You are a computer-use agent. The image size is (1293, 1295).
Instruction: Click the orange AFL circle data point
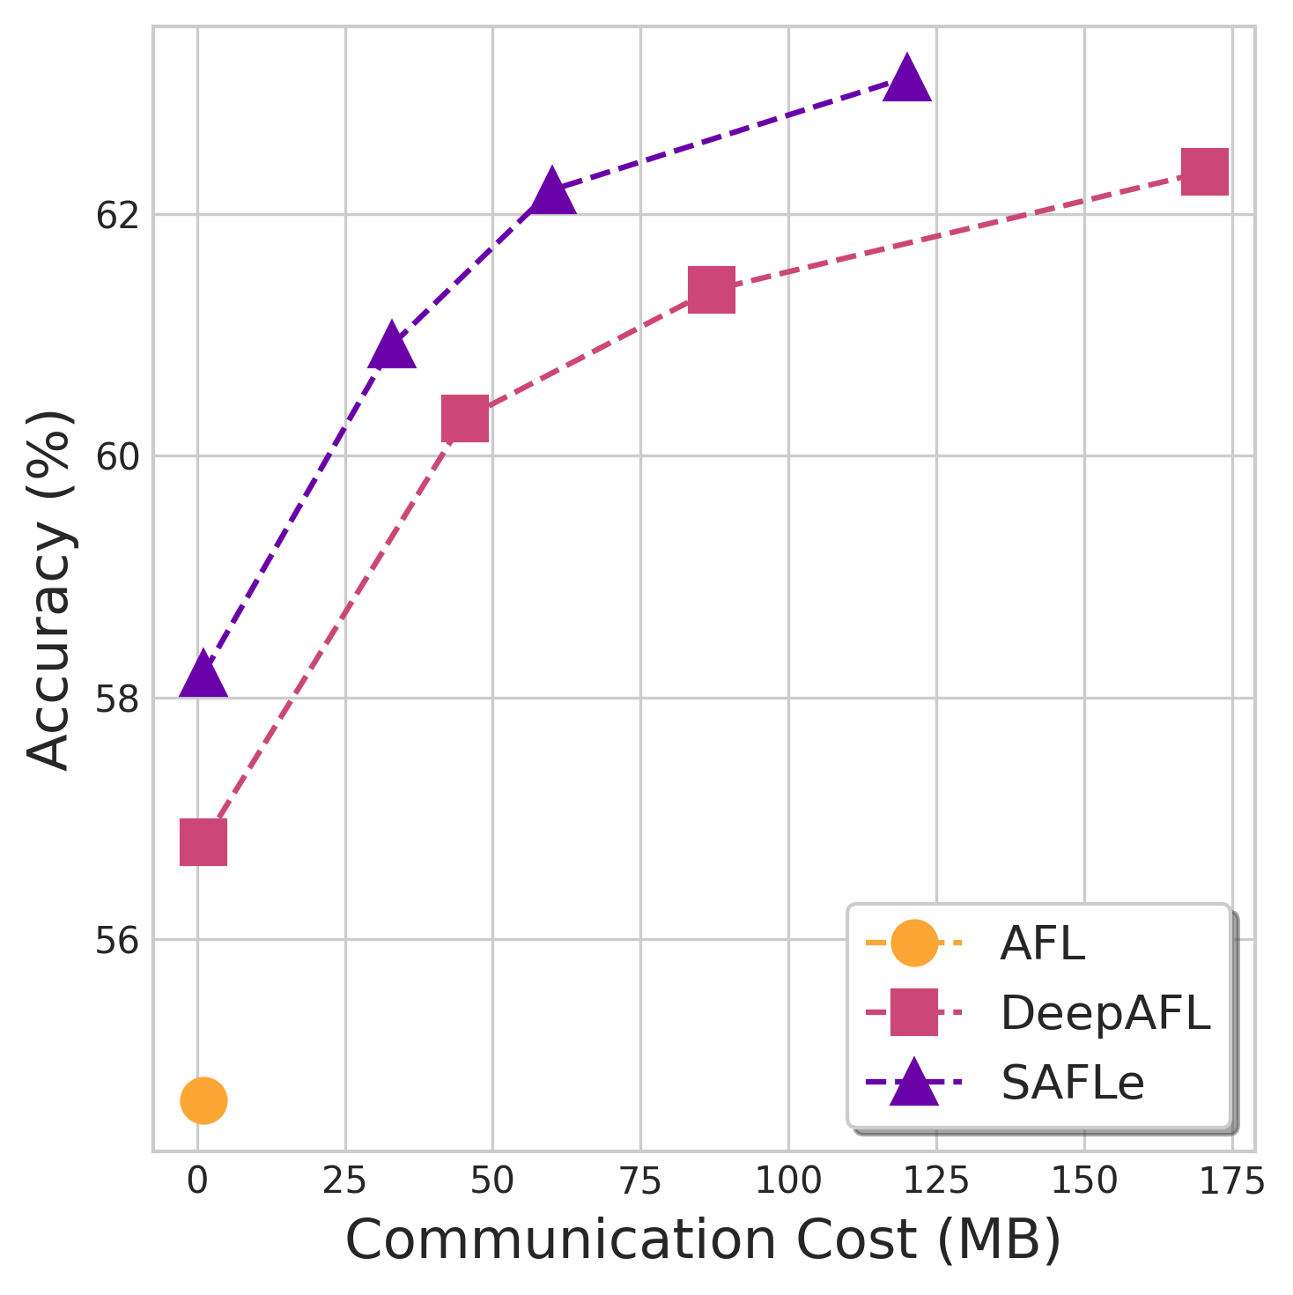pos(203,1100)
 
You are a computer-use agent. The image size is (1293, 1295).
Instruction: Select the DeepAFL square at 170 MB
pos(1205,171)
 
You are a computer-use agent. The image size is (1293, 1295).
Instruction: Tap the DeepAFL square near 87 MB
pos(712,291)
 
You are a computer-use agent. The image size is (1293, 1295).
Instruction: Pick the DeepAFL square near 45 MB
pos(465,418)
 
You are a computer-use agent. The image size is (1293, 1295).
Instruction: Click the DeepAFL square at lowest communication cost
pos(203,842)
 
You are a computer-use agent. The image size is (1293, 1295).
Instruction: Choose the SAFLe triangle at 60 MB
pos(552,191)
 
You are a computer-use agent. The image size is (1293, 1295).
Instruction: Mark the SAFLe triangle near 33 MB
pos(393,345)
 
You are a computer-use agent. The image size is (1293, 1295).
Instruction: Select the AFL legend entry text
pos(1042,944)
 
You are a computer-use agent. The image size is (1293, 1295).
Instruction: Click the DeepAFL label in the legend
pos(1105,1013)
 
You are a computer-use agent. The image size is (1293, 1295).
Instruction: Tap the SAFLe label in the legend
pos(1072,1083)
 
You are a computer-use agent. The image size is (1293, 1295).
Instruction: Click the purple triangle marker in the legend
pos(914,1083)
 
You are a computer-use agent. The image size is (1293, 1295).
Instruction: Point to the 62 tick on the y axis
pos(117,215)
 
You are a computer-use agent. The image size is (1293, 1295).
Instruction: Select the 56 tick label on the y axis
pos(117,940)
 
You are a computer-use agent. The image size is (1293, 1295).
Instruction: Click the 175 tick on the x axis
pos(1231,1181)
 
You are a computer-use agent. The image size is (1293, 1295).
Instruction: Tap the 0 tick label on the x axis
pos(198,1181)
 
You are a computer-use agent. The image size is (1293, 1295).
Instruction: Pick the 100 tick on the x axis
pos(788,1181)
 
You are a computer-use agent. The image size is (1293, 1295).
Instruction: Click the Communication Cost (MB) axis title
pos(703,1241)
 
